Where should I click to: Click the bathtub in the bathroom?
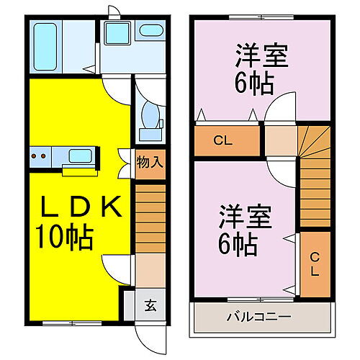click(45, 47)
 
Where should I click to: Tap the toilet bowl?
click(150, 115)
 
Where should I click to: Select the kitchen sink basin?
click(80, 156)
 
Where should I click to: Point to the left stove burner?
click(34, 156)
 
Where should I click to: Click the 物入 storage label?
click(150, 162)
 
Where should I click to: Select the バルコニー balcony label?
click(259, 317)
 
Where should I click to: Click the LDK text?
click(81, 207)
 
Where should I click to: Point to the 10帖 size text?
click(64, 238)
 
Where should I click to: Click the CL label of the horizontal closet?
click(223, 140)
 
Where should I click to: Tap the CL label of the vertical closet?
click(315, 264)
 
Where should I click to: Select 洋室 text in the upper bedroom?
click(261, 55)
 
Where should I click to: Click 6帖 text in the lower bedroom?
click(238, 244)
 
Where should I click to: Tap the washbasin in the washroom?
click(151, 30)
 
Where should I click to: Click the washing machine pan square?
click(118, 33)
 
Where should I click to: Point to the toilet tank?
click(150, 135)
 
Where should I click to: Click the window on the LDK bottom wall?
click(72, 323)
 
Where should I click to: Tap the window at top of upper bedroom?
click(261, 17)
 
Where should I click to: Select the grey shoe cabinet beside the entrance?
click(129, 305)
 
